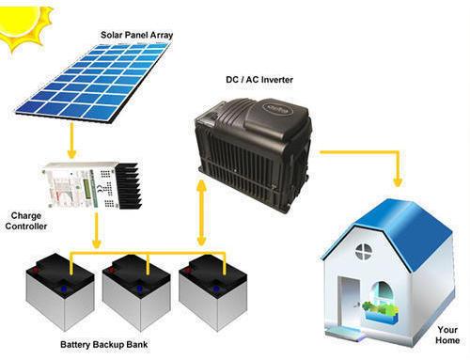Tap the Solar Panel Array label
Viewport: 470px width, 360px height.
coord(137,36)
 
